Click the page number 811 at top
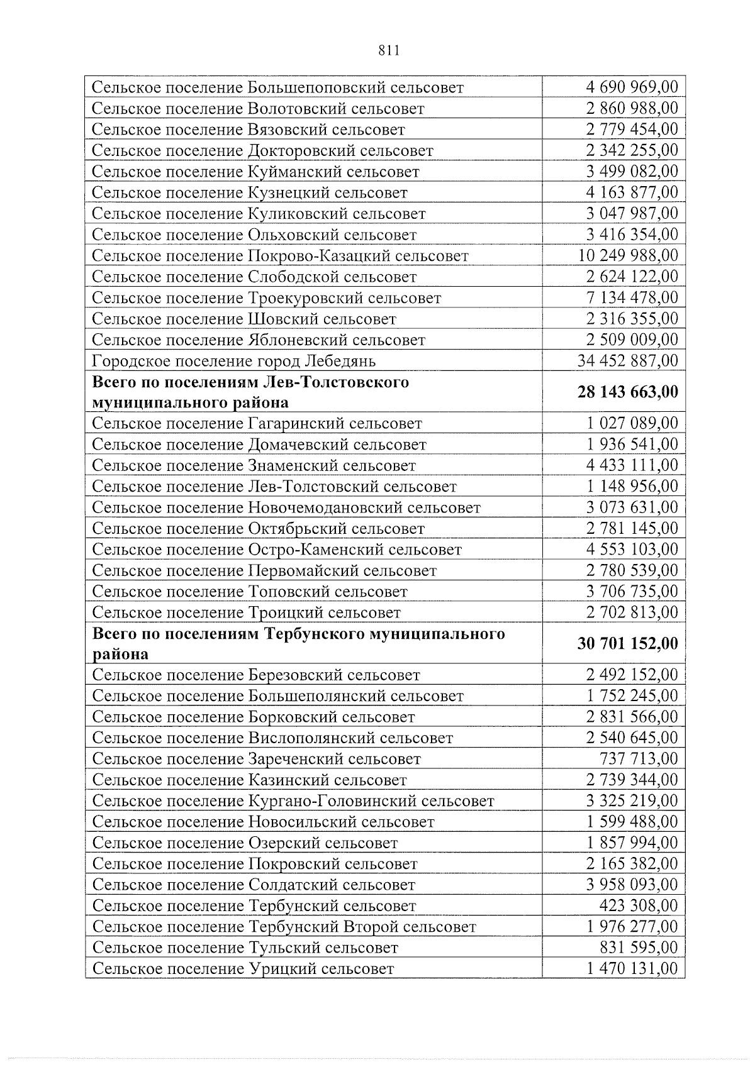point(389,51)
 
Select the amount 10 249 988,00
point(628,255)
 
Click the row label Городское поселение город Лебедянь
point(233,361)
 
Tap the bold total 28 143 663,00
point(628,392)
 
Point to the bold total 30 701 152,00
point(628,643)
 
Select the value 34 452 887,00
point(628,360)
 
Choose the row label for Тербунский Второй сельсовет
point(284,927)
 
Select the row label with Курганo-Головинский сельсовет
point(293,801)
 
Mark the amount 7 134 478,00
point(632,297)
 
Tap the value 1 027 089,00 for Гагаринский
point(632,423)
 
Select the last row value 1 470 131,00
point(632,968)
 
